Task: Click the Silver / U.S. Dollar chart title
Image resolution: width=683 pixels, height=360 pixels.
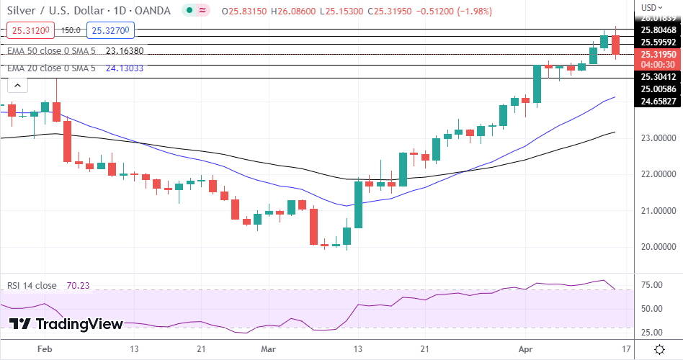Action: point(86,11)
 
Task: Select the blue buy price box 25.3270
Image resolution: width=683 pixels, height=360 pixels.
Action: point(110,31)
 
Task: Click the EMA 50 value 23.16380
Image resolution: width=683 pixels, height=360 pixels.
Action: point(125,51)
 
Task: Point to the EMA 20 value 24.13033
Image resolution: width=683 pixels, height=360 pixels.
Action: point(125,68)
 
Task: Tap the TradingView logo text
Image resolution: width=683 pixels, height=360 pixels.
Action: point(79,325)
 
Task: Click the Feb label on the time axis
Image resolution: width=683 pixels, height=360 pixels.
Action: point(45,349)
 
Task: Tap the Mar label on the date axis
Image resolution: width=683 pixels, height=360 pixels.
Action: point(268,349)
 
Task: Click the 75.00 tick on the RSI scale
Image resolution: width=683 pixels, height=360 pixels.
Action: point(653,285)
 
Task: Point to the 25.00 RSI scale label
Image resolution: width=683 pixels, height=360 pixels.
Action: point(653,332)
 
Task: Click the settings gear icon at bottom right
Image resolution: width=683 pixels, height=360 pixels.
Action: point(659,349)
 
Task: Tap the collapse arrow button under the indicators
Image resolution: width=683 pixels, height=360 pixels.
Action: point(17,85)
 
